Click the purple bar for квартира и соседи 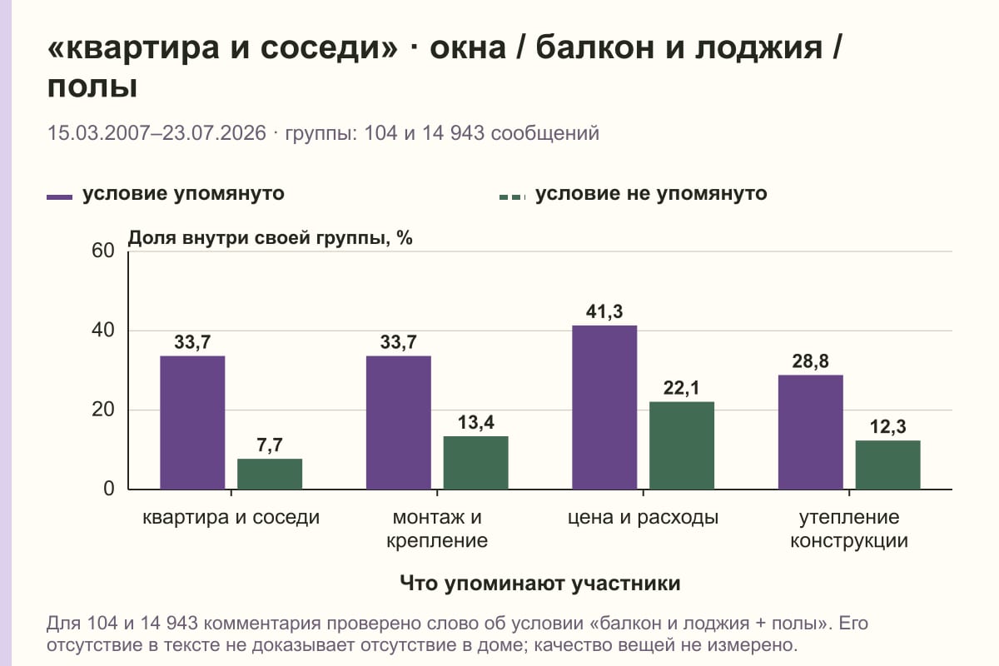click(192, 422)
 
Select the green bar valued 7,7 click(270, 474)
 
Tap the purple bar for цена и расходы click(604, 407)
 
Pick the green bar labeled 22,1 click(682, 445)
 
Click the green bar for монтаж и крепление click(475, 463)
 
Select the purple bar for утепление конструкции click(810, 432)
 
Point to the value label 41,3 click(604, 311)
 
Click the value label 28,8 click(810, 360)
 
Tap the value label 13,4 click(476, 422)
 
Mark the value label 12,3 click(888, 426)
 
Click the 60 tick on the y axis click(103, 251)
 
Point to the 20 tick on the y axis click(103, 410)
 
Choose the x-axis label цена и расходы click(643, 518)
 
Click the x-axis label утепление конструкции click(849, 529)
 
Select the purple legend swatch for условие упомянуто click(59, 197)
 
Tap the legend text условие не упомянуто click(651, 194)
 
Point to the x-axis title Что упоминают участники click(540, 583)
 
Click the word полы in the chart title click(92, 87)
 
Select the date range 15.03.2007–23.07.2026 click(157, 133)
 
